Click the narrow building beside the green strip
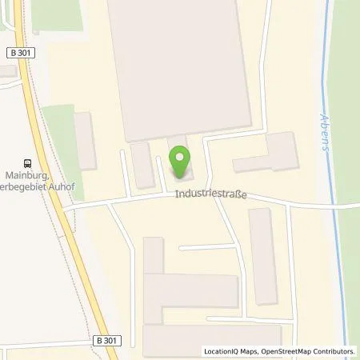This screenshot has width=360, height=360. click(x=85, y=141)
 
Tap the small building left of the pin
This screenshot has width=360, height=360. click(x=142, y=166)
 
